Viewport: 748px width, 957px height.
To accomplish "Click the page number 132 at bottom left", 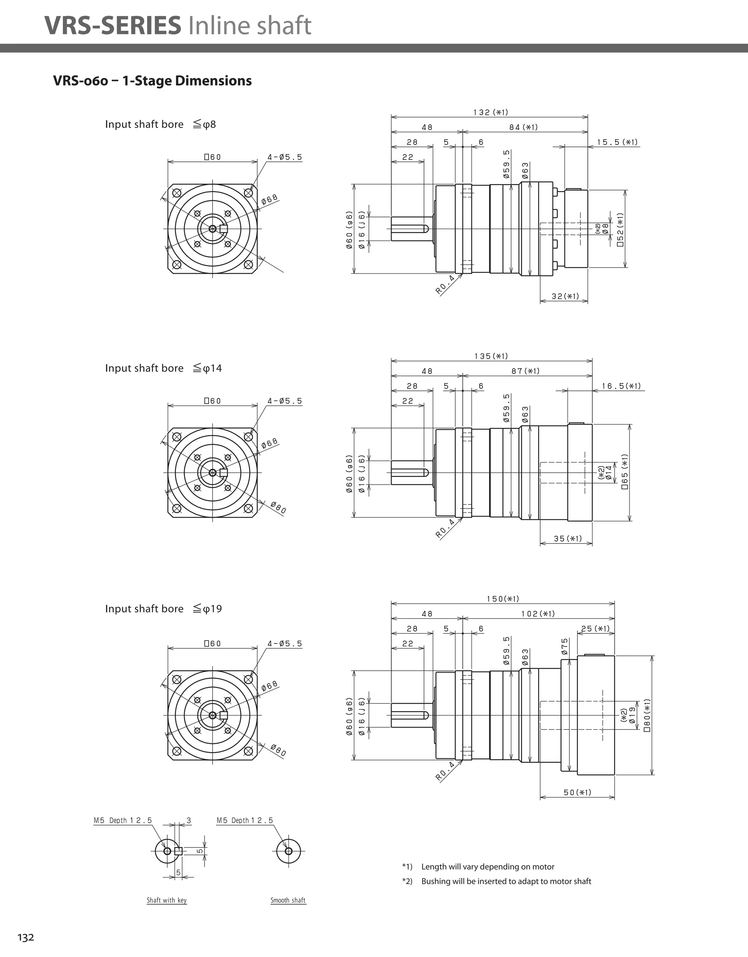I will click(26, 937).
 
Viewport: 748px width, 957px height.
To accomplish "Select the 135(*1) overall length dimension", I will click(491, 356).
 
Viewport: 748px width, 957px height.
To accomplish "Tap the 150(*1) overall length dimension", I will click(503, 599).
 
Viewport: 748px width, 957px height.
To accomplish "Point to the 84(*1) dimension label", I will click(523, 127).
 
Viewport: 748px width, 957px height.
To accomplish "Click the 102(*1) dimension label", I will click(538, 613).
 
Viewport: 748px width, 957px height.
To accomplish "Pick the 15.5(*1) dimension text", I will click(617, 142).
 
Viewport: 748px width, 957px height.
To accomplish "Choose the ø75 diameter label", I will click(564, 646).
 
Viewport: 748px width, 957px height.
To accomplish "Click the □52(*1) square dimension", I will click(620, 229).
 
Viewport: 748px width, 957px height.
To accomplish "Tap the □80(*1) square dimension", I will click(647, 715).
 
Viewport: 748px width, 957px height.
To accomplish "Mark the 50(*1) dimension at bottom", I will click(577, 792).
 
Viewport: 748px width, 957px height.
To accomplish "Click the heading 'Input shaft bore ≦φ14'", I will click(163, 368).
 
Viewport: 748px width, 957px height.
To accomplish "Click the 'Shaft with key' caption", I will click(167, 900).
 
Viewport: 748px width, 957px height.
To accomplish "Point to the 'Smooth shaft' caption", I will click(288, 900).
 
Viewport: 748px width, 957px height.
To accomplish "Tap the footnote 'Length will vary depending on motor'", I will click(487, 866).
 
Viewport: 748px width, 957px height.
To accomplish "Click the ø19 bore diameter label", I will click(631, 715).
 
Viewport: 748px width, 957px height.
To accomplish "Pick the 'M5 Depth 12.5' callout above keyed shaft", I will click(123, 820).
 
